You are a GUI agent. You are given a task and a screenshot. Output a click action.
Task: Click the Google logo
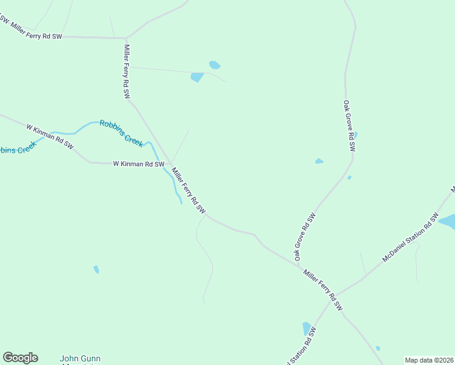tap(20, 358)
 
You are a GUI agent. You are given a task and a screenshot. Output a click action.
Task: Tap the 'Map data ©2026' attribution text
tap(428, 360)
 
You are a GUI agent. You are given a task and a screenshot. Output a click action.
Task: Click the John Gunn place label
tap(80, 359)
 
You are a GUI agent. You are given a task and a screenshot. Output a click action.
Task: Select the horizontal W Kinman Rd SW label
tap(139, 164)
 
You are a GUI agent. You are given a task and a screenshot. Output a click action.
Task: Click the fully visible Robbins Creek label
tap(122, 132)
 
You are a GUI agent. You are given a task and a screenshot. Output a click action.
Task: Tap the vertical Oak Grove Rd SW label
tap(349, 126)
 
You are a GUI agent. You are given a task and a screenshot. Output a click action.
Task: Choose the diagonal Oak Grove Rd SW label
tap(305, 237)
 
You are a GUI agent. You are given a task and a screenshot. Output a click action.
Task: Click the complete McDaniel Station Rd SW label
tap(411, 238)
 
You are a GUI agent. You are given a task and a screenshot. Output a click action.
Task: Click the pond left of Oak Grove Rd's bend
tap(319, 161)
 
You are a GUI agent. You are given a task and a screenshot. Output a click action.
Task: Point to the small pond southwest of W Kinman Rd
tap(96, 269)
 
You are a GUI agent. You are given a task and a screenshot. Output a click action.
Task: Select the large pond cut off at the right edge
tap(447, 221)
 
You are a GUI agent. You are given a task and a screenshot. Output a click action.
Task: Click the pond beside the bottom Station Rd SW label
tap(307, 328)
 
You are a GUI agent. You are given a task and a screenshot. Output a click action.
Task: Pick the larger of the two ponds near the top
tap(197, 77)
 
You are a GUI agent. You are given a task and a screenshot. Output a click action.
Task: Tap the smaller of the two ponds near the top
tap(214, 64)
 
